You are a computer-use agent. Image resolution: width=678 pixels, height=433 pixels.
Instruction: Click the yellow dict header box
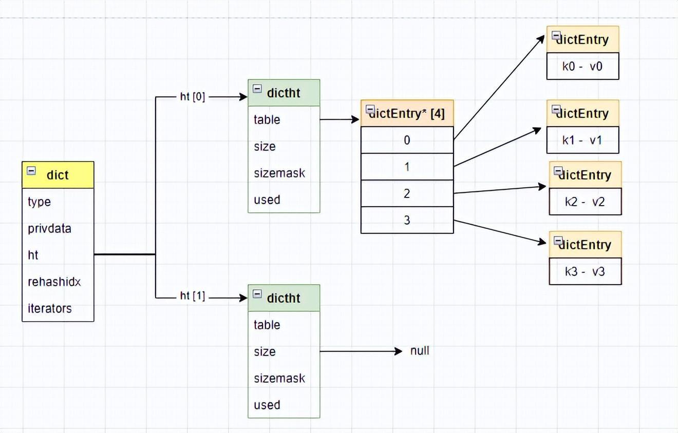coord(58,175)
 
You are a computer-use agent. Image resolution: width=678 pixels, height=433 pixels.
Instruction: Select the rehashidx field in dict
coord(54,282)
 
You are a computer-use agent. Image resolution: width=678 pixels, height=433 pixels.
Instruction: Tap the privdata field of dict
coord(49,229)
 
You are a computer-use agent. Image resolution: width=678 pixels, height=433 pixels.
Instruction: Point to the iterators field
coord(50,308)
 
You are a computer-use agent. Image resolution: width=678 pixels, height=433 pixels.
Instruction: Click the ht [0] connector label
coord(193,97)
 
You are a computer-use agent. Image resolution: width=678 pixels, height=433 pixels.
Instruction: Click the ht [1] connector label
coord(193,296)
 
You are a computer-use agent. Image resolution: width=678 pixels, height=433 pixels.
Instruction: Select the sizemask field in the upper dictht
coord(279,173)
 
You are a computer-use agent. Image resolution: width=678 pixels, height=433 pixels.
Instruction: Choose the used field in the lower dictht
coord(267,405)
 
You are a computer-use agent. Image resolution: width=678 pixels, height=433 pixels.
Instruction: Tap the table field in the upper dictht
coord(267,120)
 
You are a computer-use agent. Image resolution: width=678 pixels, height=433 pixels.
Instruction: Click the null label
coord(420,351)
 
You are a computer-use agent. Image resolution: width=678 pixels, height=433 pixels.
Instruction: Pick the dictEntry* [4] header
coord(407,113)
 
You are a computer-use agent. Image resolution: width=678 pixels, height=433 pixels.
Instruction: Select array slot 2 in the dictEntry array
coord(407,193)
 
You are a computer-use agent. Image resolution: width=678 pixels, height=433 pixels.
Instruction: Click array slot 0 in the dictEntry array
coord(407,140)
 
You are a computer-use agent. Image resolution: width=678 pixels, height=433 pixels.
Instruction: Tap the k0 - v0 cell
coord(582,66)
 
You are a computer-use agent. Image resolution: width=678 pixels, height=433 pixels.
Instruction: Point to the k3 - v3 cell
coord(586,271)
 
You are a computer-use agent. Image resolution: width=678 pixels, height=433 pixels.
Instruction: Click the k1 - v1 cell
coord(582,140)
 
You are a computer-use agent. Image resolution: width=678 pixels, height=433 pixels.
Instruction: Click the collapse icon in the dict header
coord(31,171)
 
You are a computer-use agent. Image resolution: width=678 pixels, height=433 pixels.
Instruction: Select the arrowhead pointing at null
coord(399,351)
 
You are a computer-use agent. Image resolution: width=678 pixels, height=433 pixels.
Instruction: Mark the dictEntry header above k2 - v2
coord(586,174)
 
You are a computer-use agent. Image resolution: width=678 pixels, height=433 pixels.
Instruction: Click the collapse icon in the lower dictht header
coord(257,294)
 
